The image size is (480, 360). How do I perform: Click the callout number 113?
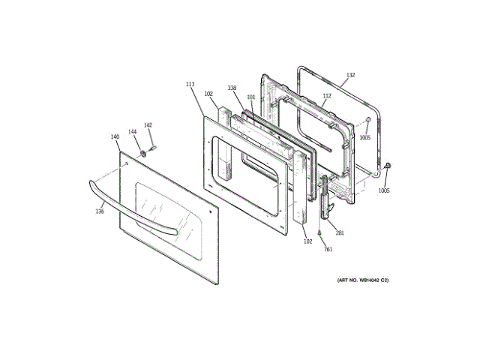click(190, 85)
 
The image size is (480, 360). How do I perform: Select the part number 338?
click(232, 88)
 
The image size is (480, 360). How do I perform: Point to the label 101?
click(251, 97)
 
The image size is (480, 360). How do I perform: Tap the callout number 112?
click(327, 96)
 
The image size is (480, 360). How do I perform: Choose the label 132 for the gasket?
click(350, 76)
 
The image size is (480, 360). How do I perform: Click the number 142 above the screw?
click(148, 125)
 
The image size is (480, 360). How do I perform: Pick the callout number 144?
click(133, 132)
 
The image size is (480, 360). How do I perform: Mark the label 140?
click(115, 137)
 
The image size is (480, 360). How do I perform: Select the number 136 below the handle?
click(100, 211)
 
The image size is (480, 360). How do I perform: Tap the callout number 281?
click(340, 233)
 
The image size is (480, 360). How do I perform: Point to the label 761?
click(327, 250)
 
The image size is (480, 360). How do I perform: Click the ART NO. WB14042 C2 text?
click(362, 280)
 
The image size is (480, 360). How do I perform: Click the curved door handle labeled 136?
click(135, 211)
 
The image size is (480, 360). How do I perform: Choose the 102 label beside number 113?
click(208, 94)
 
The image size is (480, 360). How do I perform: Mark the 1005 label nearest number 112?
click(364, 138)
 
